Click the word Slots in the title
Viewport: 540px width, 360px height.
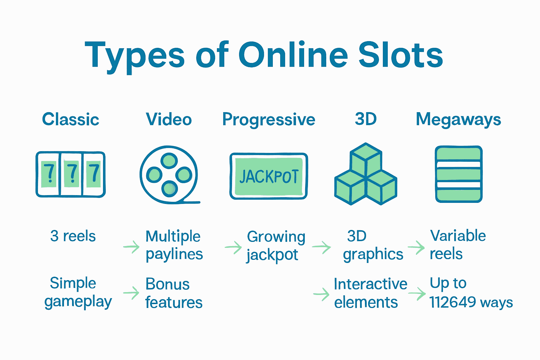[400, 55]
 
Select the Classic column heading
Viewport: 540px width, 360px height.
[71, 120]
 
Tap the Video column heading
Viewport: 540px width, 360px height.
[169, 120]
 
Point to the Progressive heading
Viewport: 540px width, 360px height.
[269, 120]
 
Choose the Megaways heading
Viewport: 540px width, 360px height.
[458, 120]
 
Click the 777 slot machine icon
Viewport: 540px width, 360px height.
[71, 174]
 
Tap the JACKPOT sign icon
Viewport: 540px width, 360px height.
[269, 176]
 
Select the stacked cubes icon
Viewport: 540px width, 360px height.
[366, 174]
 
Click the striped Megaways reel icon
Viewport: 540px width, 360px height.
[459, 174]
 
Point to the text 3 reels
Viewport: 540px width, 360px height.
[73, 236]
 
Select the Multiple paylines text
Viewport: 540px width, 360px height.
[174, 245]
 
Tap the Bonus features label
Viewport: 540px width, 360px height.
[174, 293]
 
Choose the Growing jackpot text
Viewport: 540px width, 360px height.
[276, 245]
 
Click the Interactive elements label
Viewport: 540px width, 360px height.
[370, 293]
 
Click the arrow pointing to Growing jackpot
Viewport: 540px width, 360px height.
[233, 247]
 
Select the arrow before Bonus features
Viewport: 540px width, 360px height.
[131, 292]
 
